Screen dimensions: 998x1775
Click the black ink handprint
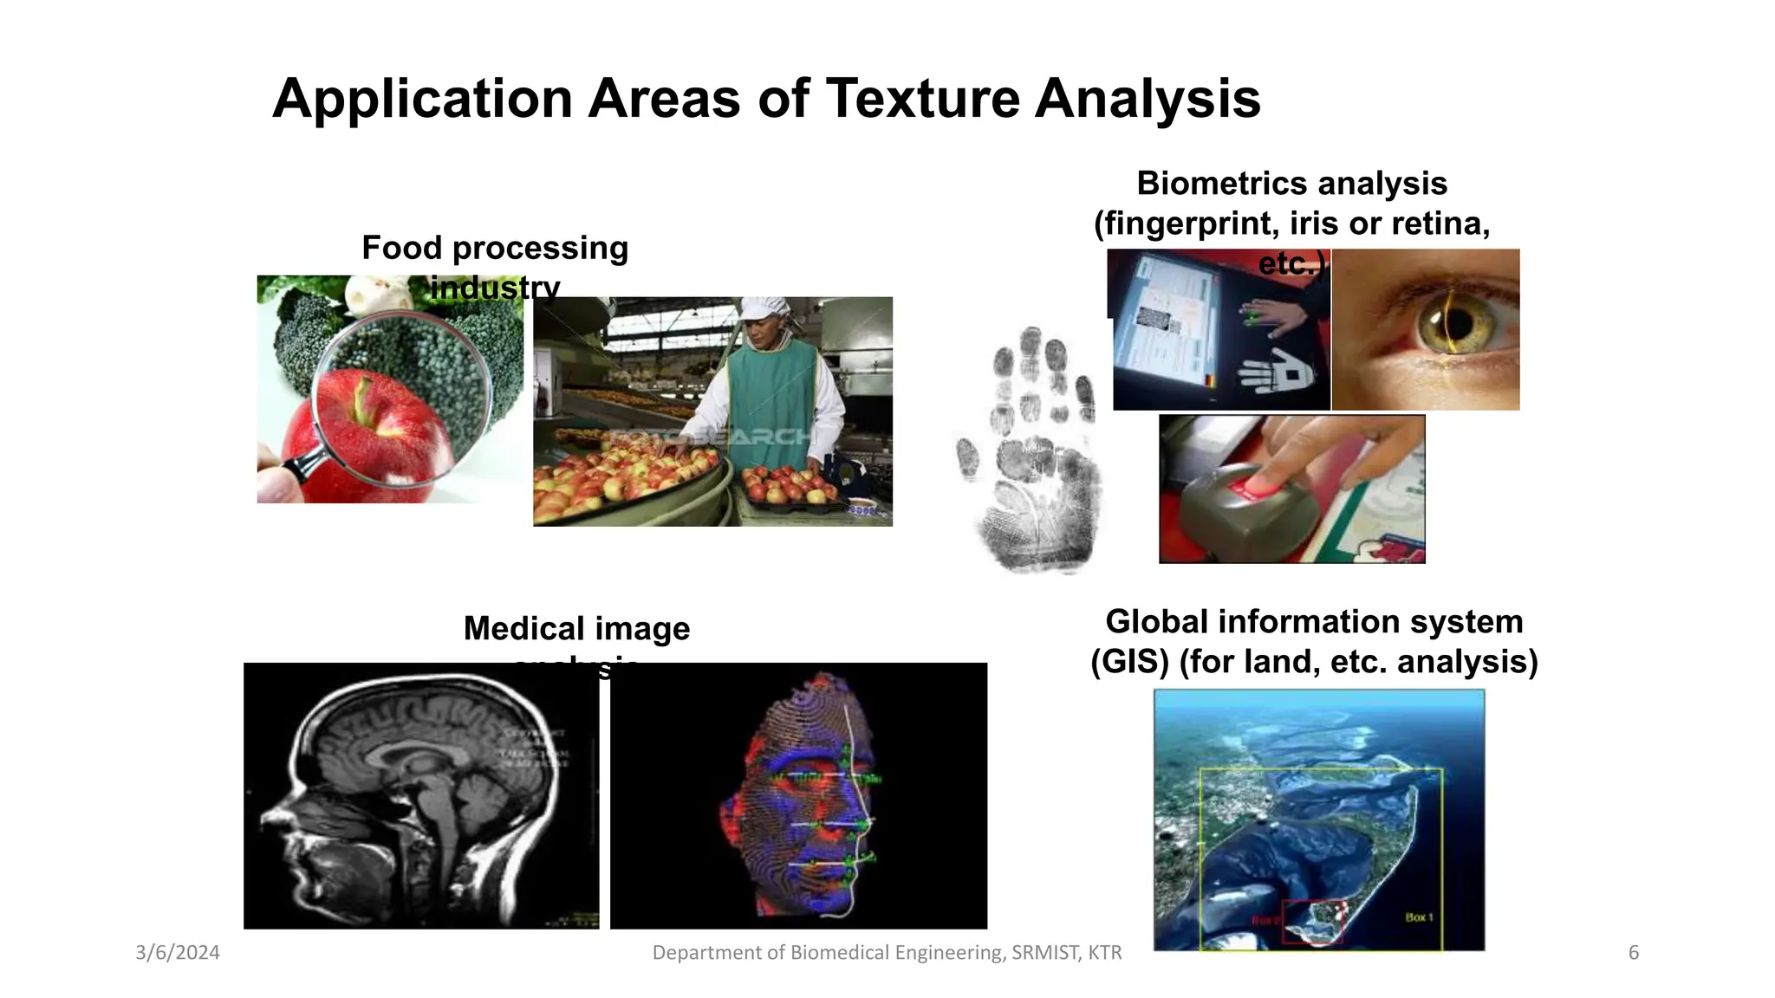coord(1031,450)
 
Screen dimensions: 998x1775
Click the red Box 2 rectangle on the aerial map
coord(1312,921)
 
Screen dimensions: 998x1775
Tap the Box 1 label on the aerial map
coord(1419,917)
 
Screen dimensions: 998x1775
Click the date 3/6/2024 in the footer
coord(178,953)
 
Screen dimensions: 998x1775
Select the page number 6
coord(1634,953)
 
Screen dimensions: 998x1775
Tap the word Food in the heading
coord(390,248)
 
